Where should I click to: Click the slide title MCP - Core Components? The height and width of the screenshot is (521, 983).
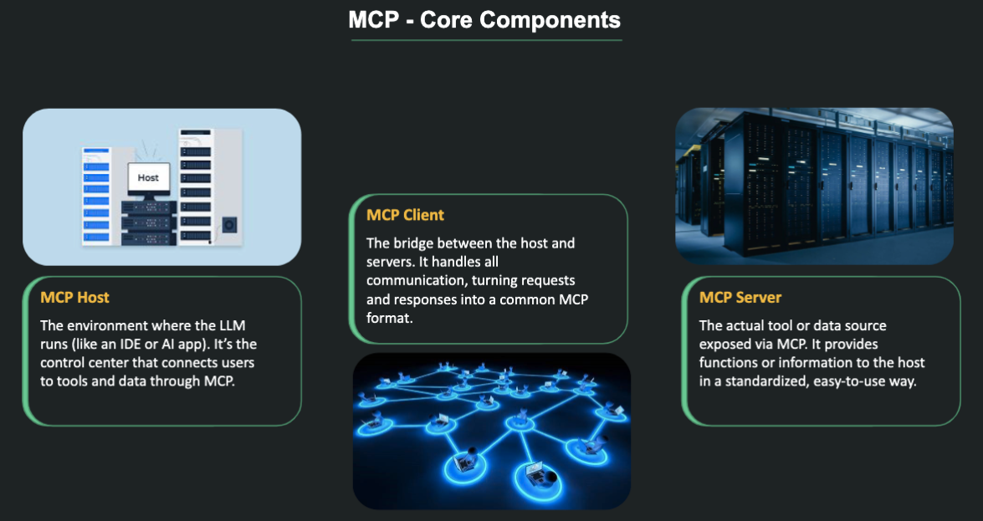coord(484,20)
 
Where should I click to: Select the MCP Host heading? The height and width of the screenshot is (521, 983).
coord(74,298)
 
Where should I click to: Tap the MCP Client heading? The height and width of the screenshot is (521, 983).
coord(405,216)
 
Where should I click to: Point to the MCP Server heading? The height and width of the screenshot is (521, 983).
coord(740,298)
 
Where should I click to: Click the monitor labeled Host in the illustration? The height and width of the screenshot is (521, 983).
coord(148,178)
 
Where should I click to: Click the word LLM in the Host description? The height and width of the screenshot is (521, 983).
coord(230,324)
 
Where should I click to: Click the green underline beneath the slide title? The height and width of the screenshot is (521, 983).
coord(484,40)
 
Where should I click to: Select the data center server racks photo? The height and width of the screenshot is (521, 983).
coord(814,186)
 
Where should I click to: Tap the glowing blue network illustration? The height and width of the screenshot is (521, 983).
coord(491,431)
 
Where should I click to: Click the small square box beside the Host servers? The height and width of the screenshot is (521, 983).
coord(229,225)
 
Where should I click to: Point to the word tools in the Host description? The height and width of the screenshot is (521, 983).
coord(72,382)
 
